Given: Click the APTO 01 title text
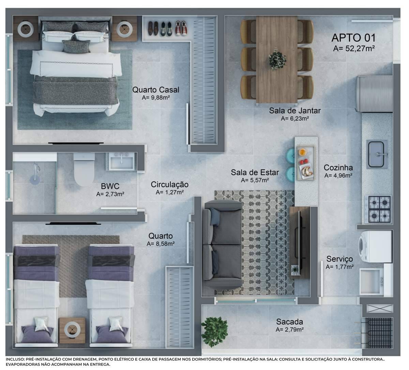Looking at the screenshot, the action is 353,38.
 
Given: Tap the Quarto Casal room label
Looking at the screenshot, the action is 156,90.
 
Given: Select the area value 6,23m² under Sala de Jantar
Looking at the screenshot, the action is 295,119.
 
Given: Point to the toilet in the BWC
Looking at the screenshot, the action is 84,170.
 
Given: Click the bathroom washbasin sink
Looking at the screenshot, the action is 122,161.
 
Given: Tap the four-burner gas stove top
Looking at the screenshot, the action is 378,209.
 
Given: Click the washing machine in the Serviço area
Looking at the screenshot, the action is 375,247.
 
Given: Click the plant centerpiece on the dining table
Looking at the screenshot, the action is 277,60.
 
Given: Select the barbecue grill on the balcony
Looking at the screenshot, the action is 379,333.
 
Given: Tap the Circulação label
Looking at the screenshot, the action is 170,185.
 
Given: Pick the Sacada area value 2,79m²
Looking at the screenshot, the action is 290,329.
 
